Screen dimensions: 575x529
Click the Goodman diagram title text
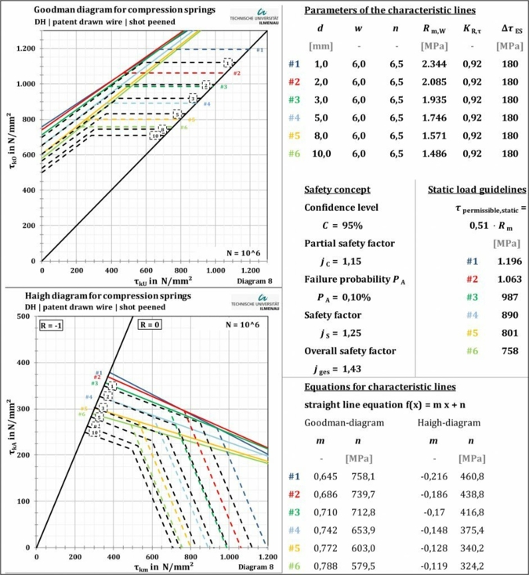(x=114, y=9)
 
